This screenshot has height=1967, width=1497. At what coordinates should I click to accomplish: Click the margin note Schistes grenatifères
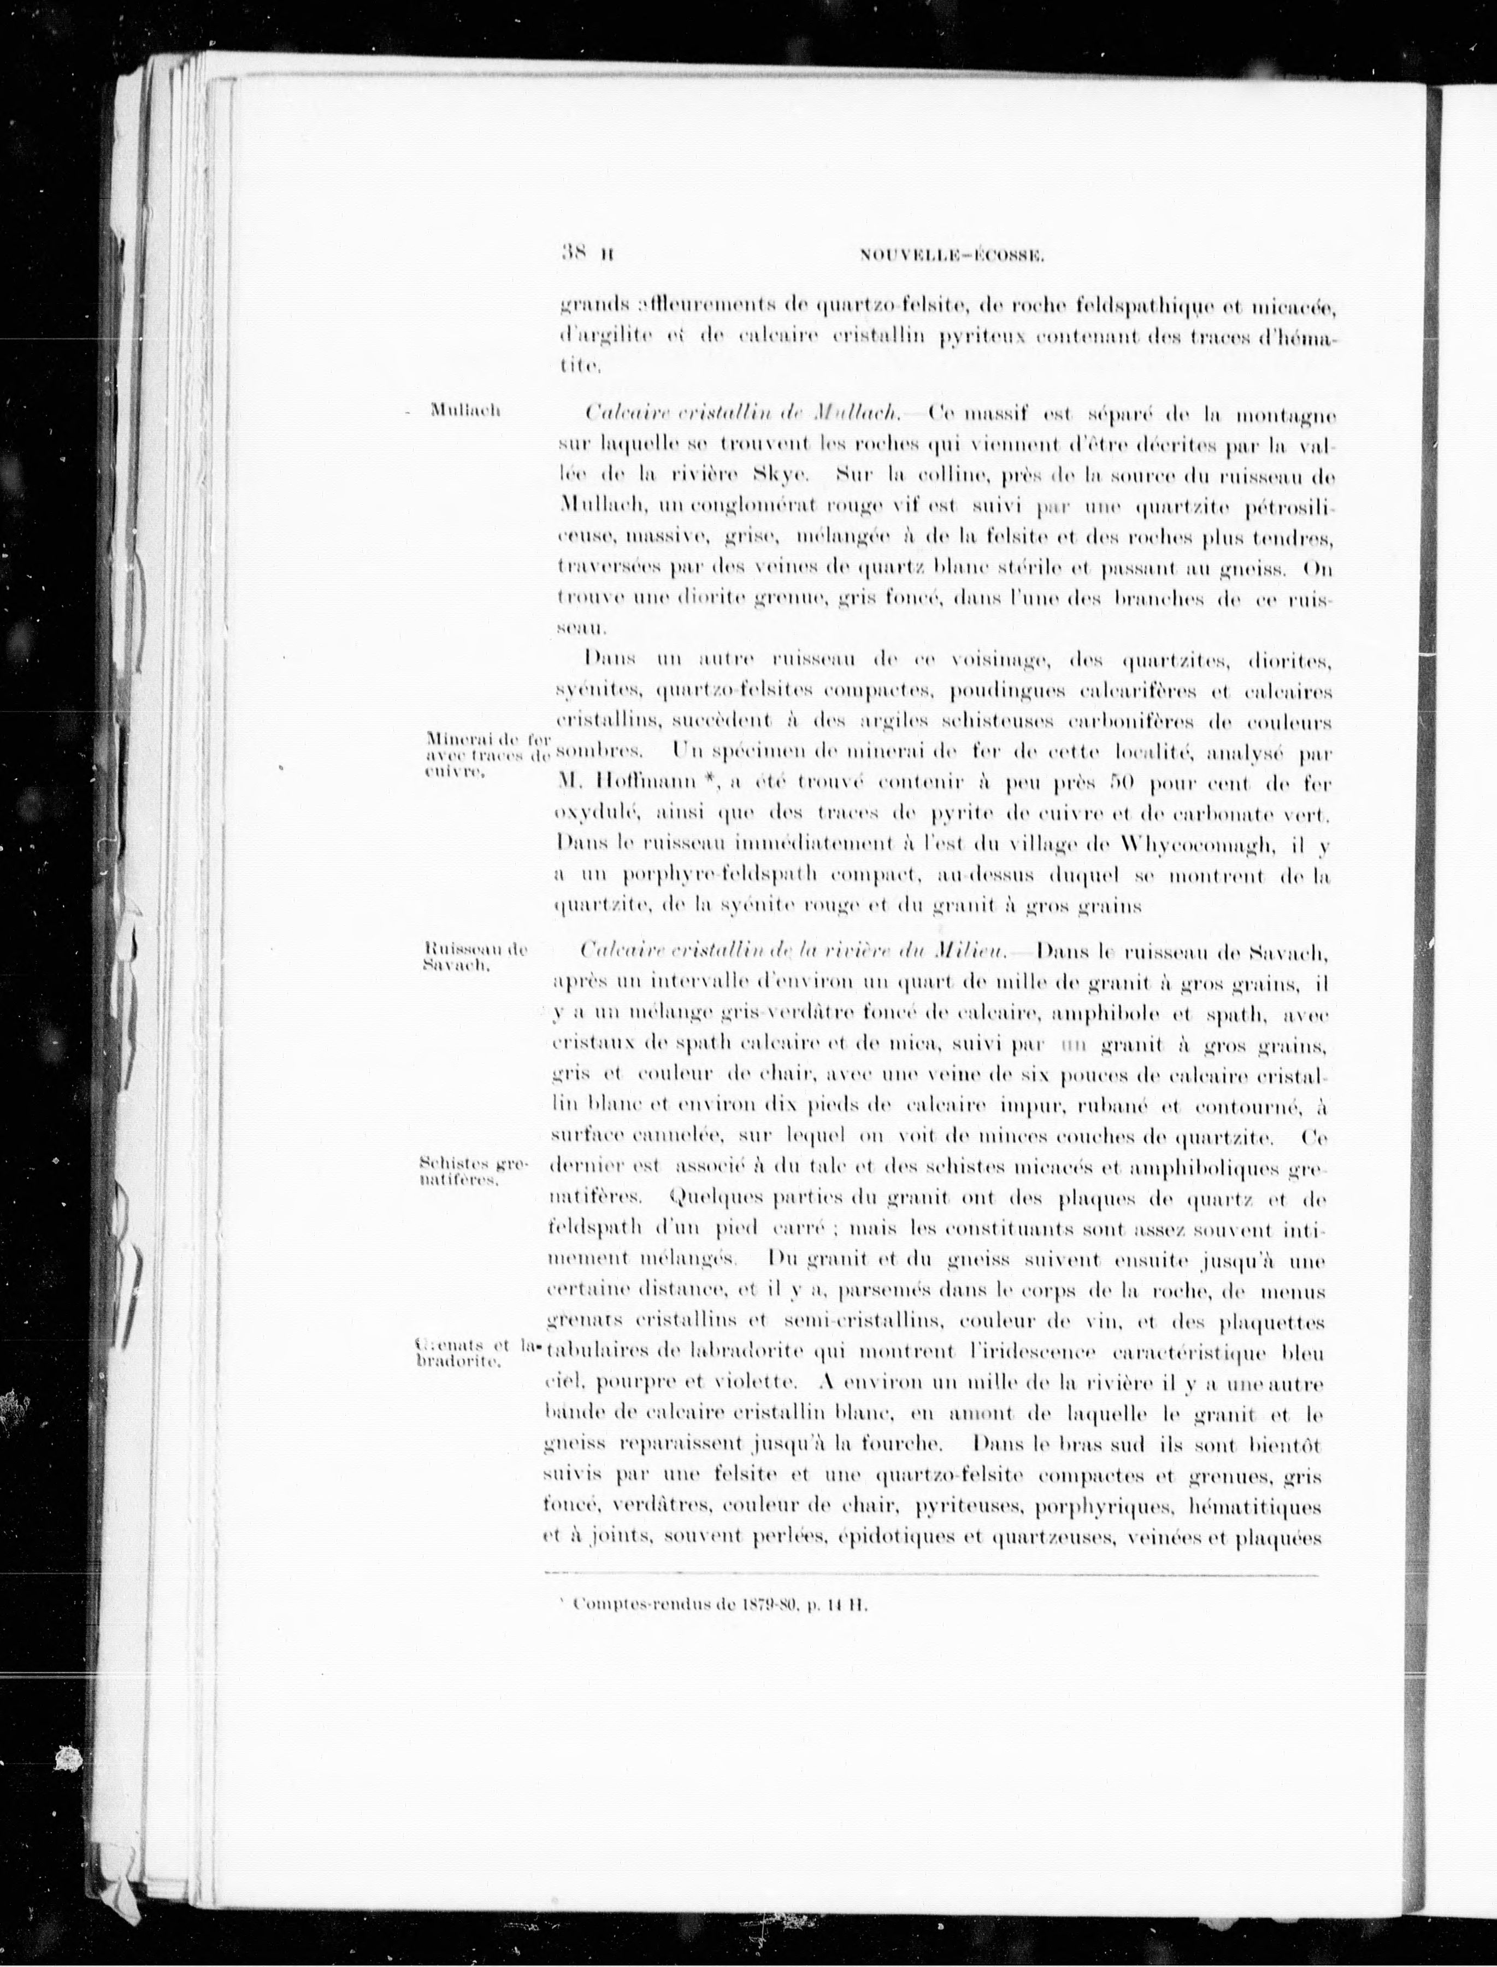[473, 1171]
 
